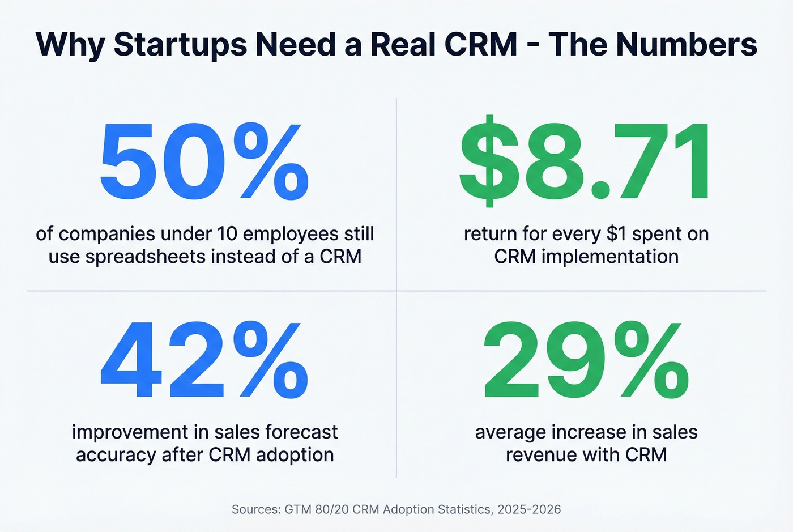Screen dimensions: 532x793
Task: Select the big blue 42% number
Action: [204, 359]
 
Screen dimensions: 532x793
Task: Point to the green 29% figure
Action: [586, 359]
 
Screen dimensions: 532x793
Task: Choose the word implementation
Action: [609, 257]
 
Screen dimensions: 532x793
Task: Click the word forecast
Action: [301, 432]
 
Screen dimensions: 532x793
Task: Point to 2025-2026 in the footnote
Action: [529, 509]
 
